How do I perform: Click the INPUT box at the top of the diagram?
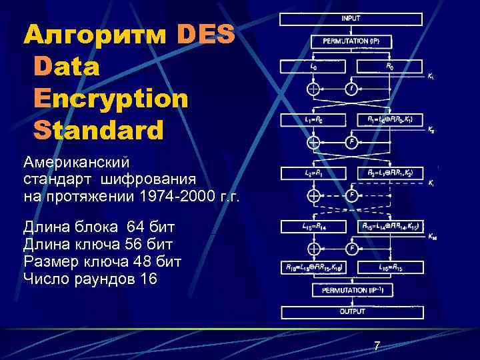[x=351, y=19]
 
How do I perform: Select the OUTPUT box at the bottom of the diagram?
[x=351, y=311]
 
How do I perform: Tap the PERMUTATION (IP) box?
[x=351, y=41]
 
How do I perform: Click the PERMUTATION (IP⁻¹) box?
[x=351, y=291]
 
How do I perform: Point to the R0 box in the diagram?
[x=391, y=67]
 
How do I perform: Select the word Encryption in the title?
[x=110, y=98]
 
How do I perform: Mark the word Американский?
[x=77, y=162]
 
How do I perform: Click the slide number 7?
[x=377, y=345]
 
